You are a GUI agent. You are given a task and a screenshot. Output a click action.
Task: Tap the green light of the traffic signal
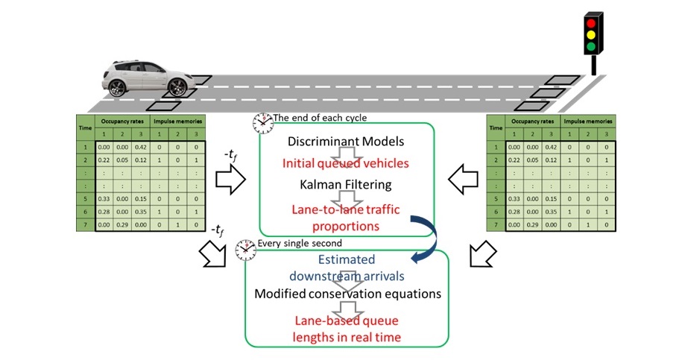click(592, 46)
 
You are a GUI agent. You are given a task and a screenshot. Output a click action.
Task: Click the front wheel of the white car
click(177, 87)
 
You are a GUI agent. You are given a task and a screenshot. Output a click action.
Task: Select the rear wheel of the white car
click(118, 87)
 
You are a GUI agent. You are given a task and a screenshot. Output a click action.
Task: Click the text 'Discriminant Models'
click(346, 140)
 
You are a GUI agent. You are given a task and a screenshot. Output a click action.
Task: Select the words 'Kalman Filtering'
click(346, 183)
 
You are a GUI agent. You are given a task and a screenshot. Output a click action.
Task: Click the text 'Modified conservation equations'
click(347, 293)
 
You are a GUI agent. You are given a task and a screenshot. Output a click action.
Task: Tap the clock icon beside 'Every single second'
click(244, 248)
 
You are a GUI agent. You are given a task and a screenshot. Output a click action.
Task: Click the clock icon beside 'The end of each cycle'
click(262, 122)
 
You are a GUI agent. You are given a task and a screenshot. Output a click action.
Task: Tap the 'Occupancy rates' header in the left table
click(120, 121)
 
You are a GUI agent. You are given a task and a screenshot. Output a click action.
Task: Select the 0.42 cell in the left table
click(142, 148)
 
